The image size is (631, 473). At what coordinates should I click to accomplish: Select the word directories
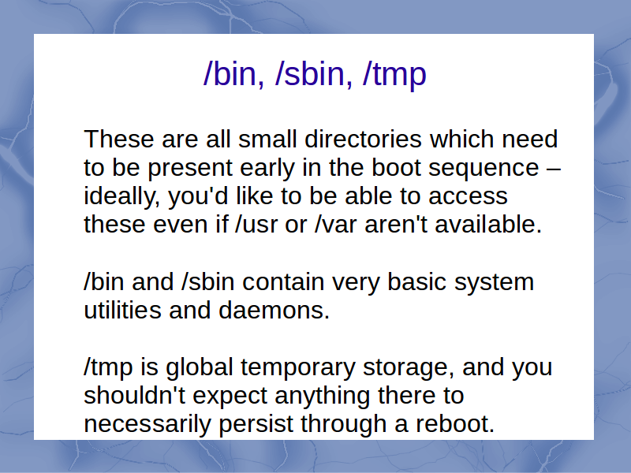[363, 140]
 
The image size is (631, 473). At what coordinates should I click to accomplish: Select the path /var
[336, 225]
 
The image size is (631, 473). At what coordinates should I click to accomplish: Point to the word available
[488, 225]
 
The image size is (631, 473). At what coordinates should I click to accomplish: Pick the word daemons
[274, 311]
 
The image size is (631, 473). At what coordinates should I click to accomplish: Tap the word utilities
[122, 311]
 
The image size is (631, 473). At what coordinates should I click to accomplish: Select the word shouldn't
[134, 396]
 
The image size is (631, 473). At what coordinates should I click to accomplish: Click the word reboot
[455, 424]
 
